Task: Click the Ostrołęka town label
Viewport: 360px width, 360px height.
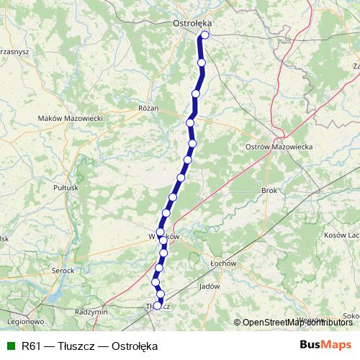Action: (191, 23)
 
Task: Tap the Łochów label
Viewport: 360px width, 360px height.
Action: (223, 264)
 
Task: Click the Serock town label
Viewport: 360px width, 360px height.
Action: (63, 270)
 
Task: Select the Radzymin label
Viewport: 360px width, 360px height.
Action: (91, 312)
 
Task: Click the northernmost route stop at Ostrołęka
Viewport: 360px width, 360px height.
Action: (205, 35)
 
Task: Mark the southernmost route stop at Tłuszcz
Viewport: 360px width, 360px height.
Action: (158, 306)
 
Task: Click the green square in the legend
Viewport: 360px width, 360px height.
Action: (11, 346)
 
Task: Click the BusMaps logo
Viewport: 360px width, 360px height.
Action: (325, 345)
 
